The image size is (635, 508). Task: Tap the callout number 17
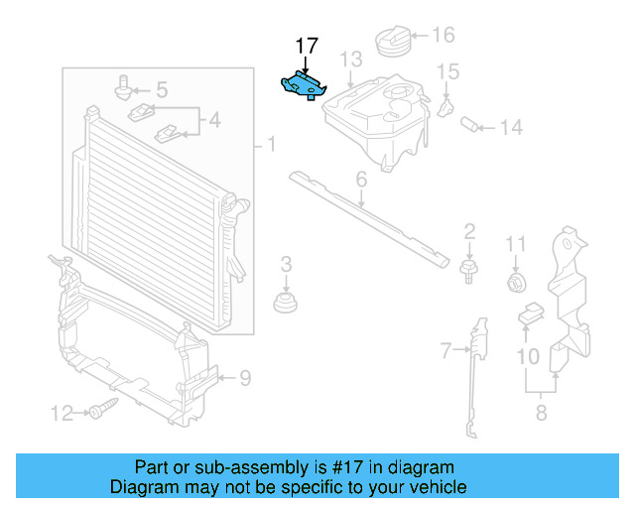click(307, 46)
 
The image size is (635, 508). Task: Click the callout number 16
click(443, 36)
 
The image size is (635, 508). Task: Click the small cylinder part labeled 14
click(471, 126)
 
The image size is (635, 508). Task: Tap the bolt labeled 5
click(124, 86)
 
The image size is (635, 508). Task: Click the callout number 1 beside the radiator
click(270, 146)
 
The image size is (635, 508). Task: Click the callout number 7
click(445, 348)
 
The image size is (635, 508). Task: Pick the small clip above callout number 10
click(530, 315)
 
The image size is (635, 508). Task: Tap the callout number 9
click(244, 377)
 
